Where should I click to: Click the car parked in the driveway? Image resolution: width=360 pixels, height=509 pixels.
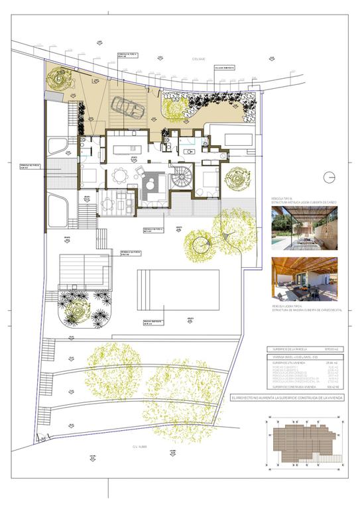[x=127, y=106]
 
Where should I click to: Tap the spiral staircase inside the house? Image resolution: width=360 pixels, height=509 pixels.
[x=181, y=177]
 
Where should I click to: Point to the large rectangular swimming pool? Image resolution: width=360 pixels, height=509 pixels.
[x=178, y=289]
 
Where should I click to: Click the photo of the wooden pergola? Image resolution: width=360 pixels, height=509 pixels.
[x=304, y=279]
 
